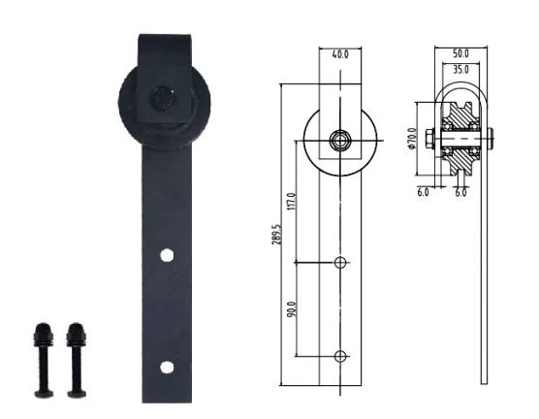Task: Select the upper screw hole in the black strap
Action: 167,255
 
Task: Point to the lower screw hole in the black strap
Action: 167,367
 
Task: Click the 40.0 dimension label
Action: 340,55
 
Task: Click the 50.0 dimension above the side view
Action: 460,54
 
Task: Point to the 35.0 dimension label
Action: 460,70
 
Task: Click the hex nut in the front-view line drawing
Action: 340,140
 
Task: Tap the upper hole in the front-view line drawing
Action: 340,263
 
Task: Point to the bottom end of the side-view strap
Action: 483,379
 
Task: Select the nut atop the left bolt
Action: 43,334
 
